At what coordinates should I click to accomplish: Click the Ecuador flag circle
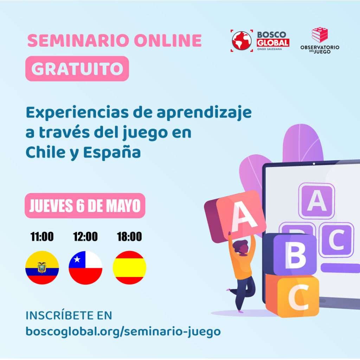click(42, 268)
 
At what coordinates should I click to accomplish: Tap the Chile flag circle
click(86, 268)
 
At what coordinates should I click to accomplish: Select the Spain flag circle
click(129, 268)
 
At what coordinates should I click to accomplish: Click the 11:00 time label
click(42, 237)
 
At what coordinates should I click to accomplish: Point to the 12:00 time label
click(85, 237)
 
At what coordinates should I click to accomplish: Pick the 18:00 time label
click(129, 237)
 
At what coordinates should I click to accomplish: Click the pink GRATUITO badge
click(77, 69)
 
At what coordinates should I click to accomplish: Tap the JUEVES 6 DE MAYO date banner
click(85, 205)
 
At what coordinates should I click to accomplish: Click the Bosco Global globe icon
click(242, 41)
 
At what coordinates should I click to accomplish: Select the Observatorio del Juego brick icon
click(320, 35)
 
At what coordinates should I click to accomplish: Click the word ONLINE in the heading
click(168, 40)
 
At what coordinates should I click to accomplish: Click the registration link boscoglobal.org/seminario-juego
click(123, 332)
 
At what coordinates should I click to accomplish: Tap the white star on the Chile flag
click(77, 259)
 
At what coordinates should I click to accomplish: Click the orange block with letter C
click(292, 295)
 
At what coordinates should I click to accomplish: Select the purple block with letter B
click(290, 254)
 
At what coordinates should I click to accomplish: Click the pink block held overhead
click(235, 216)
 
